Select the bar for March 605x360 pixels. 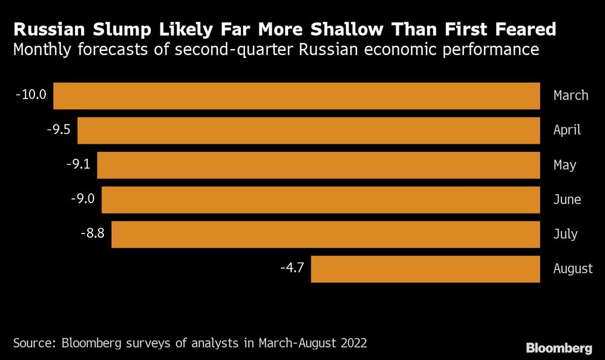(296, 96)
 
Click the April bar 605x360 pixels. (309, 130)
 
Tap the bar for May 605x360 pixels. (318, 165)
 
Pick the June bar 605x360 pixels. (321, 200)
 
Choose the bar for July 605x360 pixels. (325, 234)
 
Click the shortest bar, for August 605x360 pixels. (425, 269)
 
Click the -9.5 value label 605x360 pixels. (59, 129)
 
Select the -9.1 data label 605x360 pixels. (77, 164)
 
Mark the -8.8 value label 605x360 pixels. (92, 234)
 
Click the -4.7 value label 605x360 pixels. (292, 268)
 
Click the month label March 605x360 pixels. (571, 96)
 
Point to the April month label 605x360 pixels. (567, 130)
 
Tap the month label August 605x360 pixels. (573, 269)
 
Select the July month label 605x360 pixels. (565, 234)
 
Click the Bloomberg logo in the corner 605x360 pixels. (558, 348)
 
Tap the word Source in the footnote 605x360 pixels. (32, 343)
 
